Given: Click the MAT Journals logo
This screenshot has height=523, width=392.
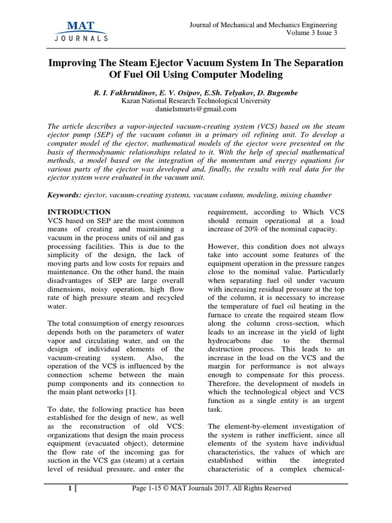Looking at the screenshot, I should click(x=80, y=31).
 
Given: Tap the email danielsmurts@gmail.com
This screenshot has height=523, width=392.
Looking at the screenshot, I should click(x=196, y=109).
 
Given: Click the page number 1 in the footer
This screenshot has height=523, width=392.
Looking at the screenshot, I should click(x=70, y=488).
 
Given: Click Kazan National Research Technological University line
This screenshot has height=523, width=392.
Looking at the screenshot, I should click(x=196, y=101).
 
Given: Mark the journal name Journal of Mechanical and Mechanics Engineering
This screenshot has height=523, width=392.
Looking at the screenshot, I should click(x=263, y=25).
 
